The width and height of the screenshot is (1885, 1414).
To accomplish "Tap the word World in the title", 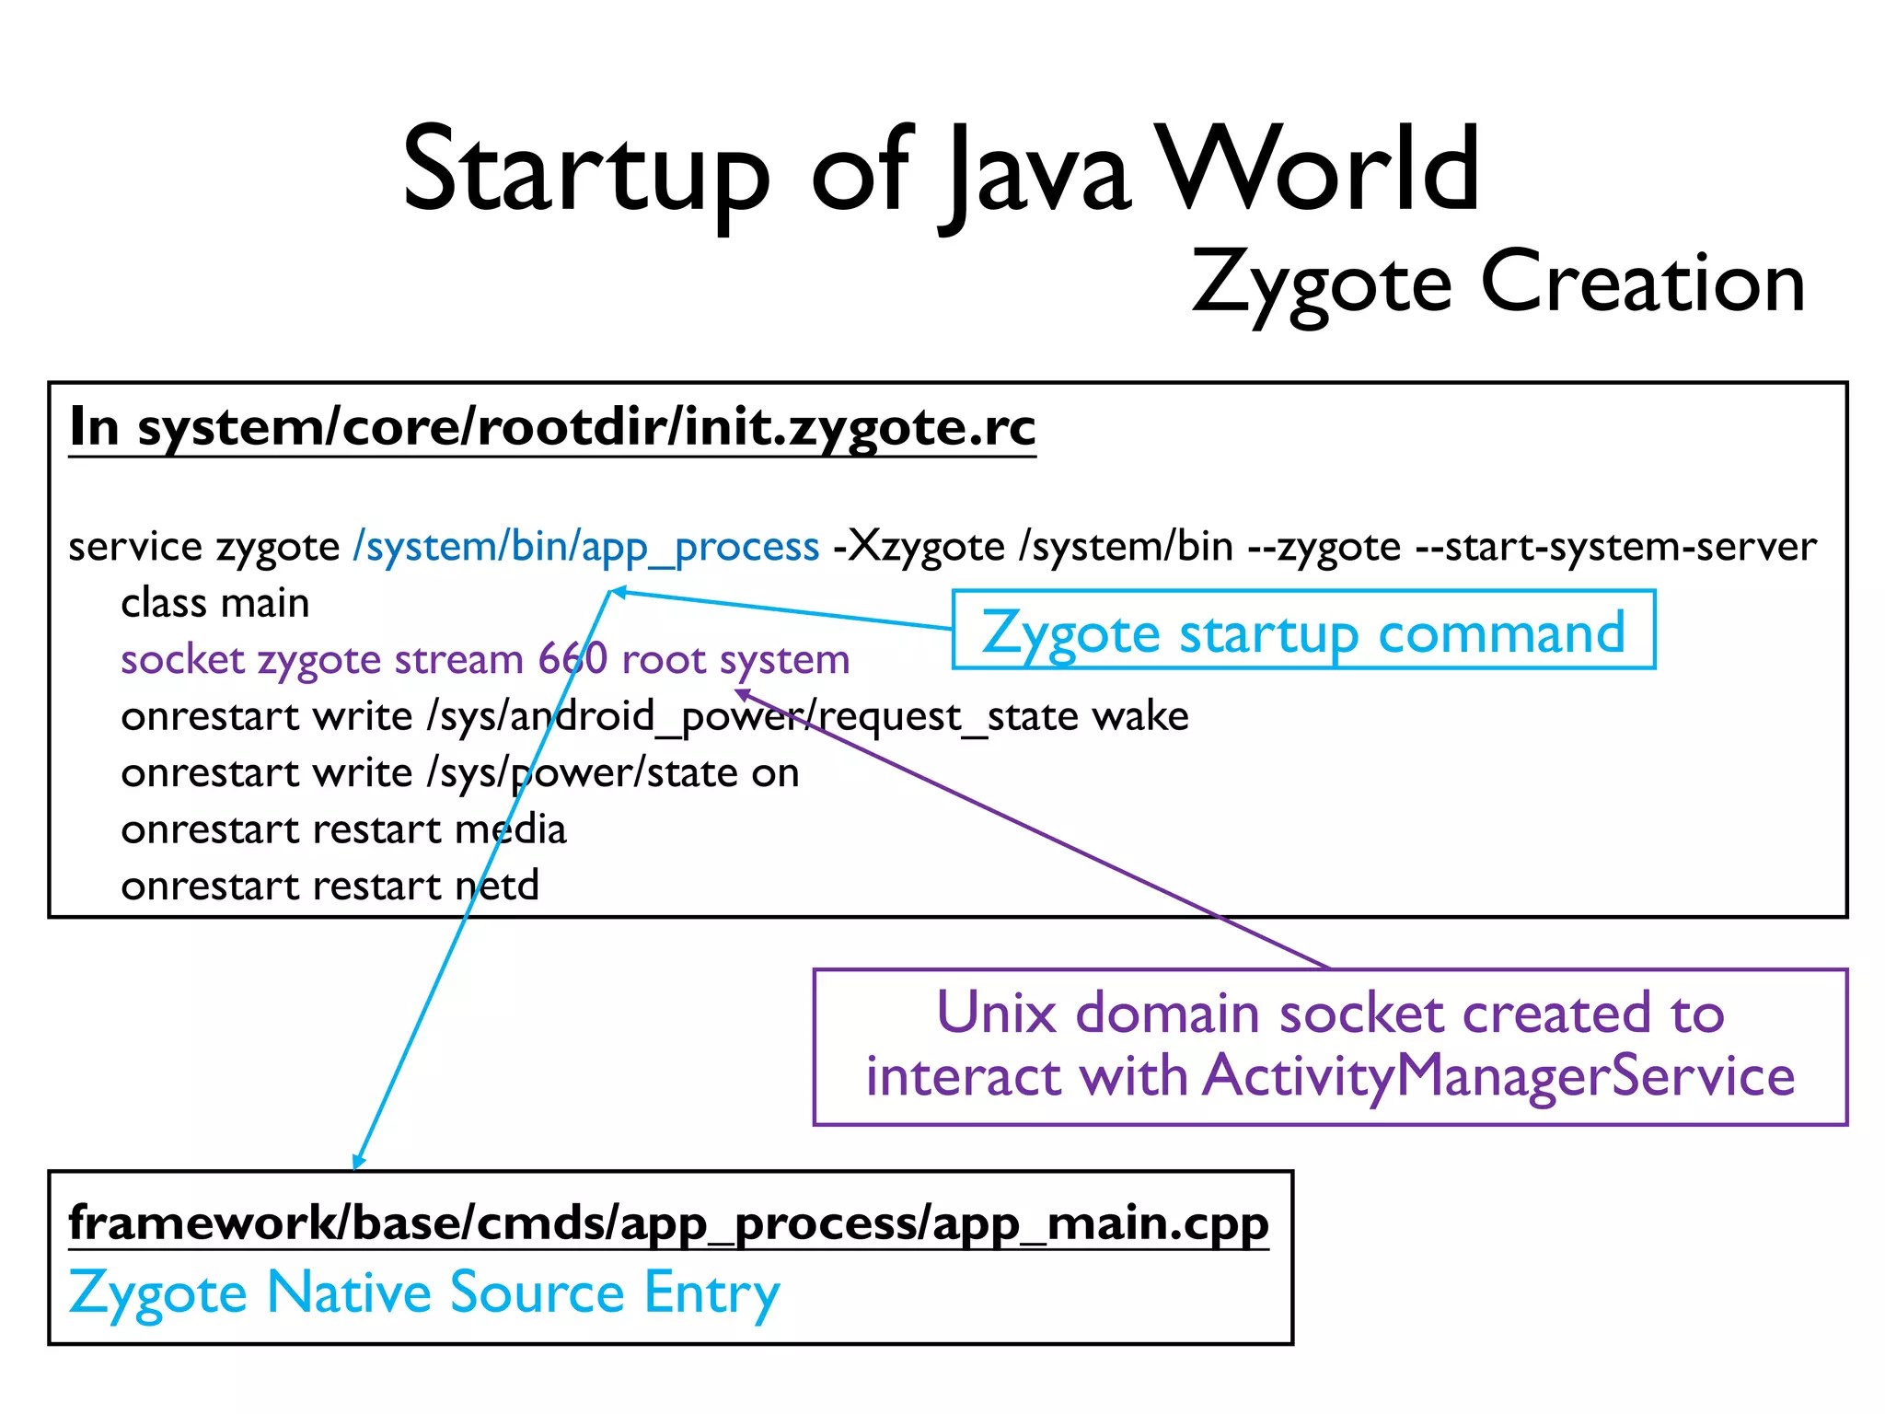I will (1318, 170).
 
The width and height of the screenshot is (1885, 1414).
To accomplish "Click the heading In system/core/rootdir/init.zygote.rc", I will (552, 427).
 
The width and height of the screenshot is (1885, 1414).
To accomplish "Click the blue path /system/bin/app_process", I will (586, 547).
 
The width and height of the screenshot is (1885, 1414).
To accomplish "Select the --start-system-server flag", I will (1615, 547).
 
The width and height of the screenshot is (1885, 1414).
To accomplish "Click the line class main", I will (215, 604).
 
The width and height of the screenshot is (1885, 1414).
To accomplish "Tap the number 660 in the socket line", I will (572, 660).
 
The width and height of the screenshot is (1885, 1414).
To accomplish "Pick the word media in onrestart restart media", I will (511, 829).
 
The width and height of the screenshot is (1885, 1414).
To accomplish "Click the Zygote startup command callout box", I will (1303, 631).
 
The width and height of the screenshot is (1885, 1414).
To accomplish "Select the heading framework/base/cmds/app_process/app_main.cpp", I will (668, 1224).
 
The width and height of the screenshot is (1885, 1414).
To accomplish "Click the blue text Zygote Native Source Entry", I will (424, 1292).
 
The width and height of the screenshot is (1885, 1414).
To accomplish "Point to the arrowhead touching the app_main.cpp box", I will (358, 1162).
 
